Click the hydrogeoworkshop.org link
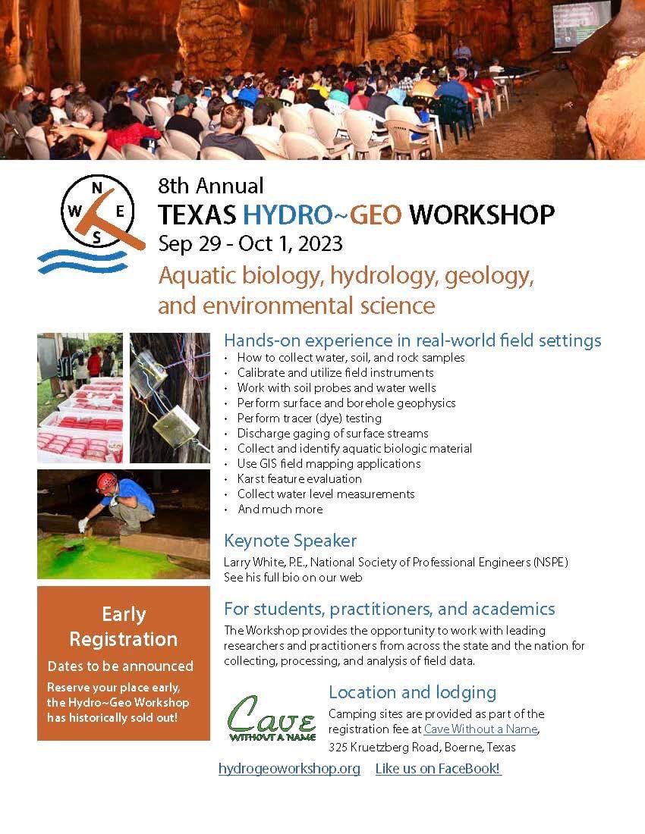tap(289, 769)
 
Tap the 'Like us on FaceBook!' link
tap(438, 769)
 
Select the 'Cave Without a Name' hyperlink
tap(480, 729)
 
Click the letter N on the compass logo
tap(97, 187)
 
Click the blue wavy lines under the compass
tap(83, 261)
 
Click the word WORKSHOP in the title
tap(482, 215)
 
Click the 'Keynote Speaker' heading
tap(290, 541)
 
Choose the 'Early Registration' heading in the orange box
tap(124, 626)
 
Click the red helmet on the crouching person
tap(106, 482)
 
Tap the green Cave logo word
tap(272, 715)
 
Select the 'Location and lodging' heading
tap(413, 692)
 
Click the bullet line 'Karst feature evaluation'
tap(300, 478)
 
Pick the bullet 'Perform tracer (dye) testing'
tap(309, 418)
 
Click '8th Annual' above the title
tap(211, 187)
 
